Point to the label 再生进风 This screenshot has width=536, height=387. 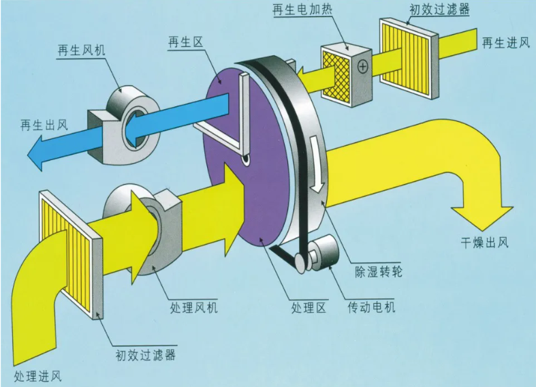(506, 43)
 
